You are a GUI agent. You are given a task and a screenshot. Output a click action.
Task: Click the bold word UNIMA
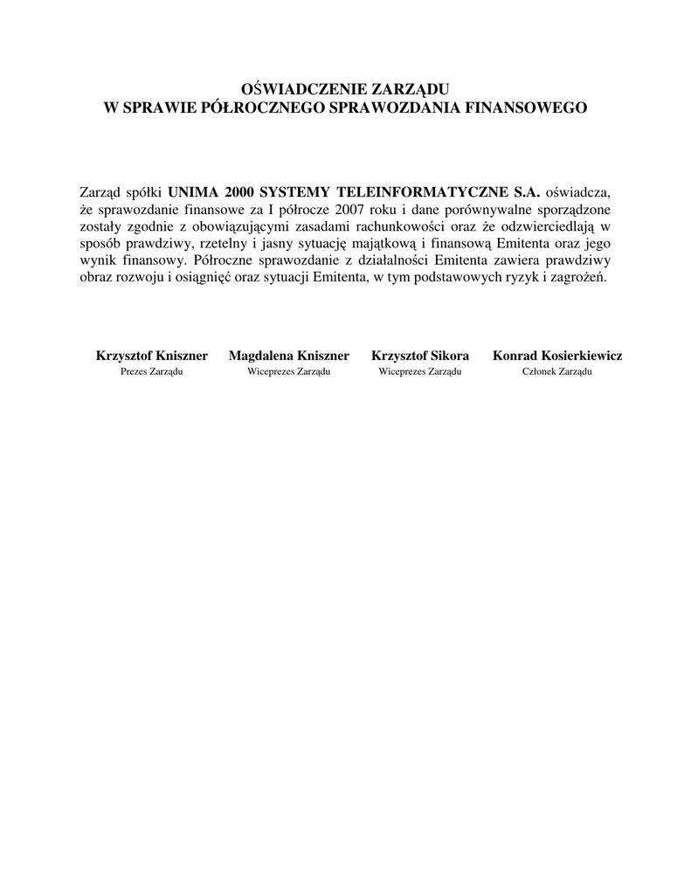pyautogui.click(x=193, y=192)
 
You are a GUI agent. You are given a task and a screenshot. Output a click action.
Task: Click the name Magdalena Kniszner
pyautogui.click(x=289, y=356)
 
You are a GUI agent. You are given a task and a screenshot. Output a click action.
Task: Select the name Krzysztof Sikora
pyautogui.click(x=420, y=356)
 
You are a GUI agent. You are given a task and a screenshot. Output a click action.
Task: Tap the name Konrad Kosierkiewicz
pyautogui.click(x=557, y=356)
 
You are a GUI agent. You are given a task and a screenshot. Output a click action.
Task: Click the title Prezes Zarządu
pyautogui.click(x=151, y=371)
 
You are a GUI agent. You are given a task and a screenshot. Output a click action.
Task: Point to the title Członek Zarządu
pyautogui.click(x=557, y=371)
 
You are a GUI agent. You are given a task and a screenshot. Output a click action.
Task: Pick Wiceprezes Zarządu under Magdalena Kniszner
pyautogui.click(x=289, y=371)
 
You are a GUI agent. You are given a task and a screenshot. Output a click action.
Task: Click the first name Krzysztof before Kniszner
pyautogui.click(x=123, y=356)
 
